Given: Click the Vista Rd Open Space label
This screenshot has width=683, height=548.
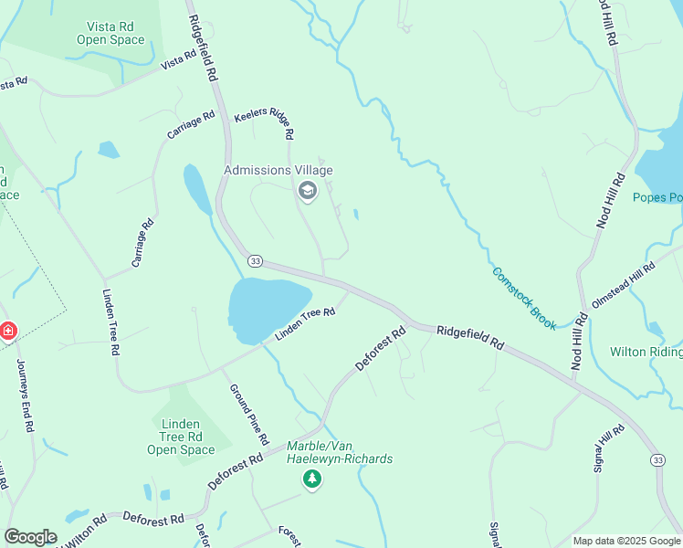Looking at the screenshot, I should [110, 33].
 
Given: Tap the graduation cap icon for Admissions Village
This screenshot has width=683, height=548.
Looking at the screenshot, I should [308, 191].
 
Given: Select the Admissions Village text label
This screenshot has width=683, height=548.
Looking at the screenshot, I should [278, 171].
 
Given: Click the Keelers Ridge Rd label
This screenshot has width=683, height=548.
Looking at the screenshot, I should [264, 125].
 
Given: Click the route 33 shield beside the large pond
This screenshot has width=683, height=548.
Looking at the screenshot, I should [255, 261].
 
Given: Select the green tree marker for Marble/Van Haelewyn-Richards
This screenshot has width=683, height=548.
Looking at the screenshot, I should [312, 479].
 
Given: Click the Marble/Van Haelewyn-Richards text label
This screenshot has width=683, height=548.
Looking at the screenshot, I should [340, 452].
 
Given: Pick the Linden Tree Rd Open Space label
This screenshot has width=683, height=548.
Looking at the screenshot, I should [181, 437].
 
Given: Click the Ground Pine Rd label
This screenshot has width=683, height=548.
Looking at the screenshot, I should [247, 414].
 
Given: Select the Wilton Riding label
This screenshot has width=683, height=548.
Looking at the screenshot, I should [646, 352].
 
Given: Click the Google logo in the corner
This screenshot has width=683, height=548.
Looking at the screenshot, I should [30, 537].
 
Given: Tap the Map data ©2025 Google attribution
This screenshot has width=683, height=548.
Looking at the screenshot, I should [625, 541].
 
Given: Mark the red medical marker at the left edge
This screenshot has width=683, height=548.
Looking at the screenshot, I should [7, 330].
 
